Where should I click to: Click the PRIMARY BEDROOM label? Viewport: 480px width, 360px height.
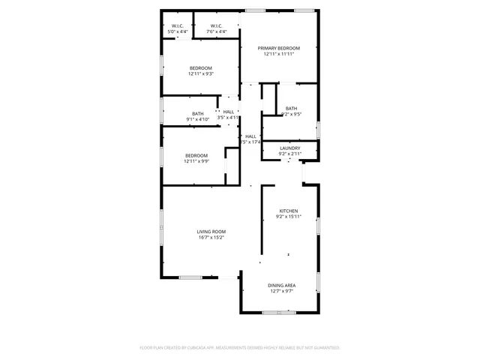click(278, 47)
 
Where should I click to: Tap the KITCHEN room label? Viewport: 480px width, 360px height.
click(289, 211)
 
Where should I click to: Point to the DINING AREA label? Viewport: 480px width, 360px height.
click(282, 285)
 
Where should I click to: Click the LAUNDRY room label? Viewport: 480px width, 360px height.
click(290, 148)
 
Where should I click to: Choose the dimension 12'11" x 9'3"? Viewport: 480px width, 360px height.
click(200, 74)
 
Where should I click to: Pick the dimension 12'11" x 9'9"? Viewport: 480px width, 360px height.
click(196, 161)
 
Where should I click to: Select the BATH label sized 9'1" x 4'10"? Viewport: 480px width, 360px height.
click(197, 113)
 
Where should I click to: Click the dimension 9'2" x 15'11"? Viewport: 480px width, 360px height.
click(289, 217)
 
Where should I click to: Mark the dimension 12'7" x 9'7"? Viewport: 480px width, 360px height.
click(282, 291)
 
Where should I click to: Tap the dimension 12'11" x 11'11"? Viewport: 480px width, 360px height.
click(278, 53)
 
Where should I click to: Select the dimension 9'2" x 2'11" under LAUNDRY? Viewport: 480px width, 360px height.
click(290, 154)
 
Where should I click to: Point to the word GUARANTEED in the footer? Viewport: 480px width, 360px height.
click(324, 348)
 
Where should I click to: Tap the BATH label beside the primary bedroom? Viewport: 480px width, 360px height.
click(291, 108)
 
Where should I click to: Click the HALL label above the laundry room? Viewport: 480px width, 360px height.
click(250, 136)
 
